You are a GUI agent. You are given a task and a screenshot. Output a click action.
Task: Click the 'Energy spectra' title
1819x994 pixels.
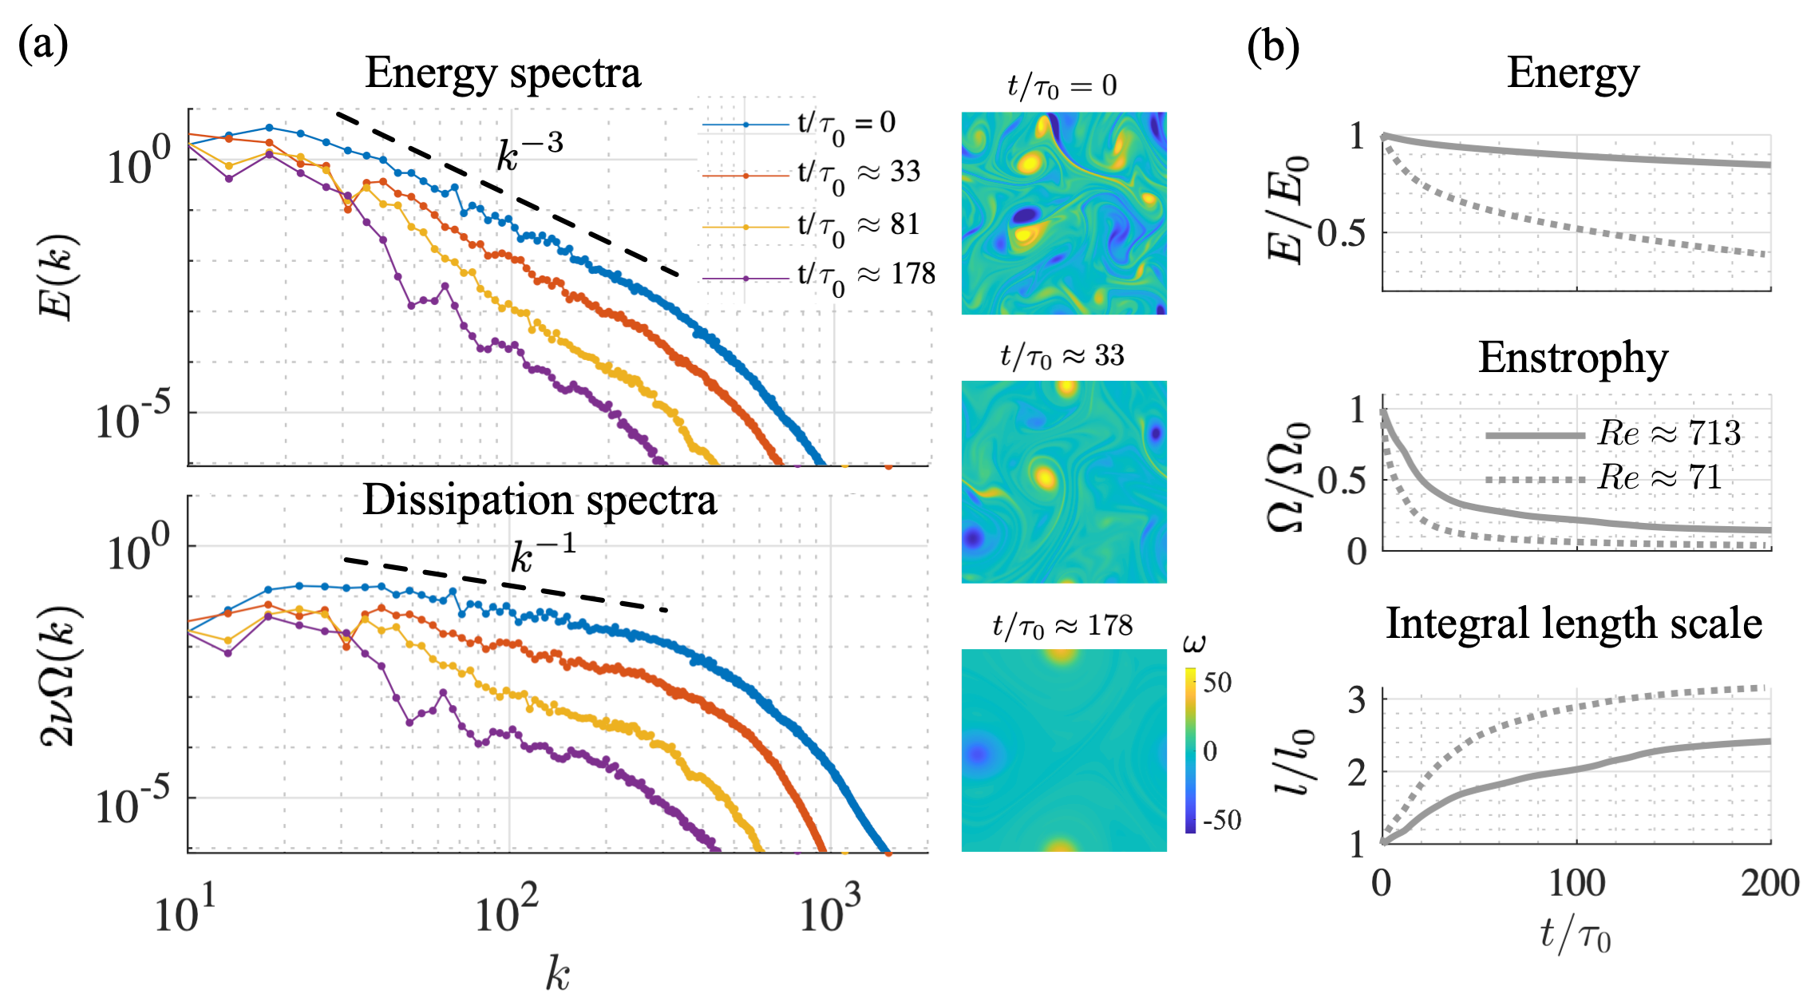(503, 73)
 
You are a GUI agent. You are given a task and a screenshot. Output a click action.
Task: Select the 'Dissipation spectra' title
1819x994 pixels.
(540, 501)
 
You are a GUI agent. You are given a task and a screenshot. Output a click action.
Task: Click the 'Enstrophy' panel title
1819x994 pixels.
(1572, 358)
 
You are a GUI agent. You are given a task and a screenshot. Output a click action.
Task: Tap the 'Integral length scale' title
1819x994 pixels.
(1573, 624)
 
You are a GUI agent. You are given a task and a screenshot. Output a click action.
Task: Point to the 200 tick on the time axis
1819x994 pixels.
(1770, 884)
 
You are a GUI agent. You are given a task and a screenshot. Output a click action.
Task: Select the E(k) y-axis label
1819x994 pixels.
(57, 276)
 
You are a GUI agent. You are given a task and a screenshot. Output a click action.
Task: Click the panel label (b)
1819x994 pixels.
(1273, 47)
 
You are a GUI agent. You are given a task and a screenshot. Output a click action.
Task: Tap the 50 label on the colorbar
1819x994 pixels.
(1217, 683)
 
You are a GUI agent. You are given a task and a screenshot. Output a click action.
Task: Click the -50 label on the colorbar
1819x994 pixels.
(1220, 820)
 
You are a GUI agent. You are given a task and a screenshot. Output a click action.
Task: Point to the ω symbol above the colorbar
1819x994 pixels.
(1194, 643)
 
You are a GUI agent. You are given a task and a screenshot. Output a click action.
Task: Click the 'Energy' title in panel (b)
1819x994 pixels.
(1572, 73)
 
